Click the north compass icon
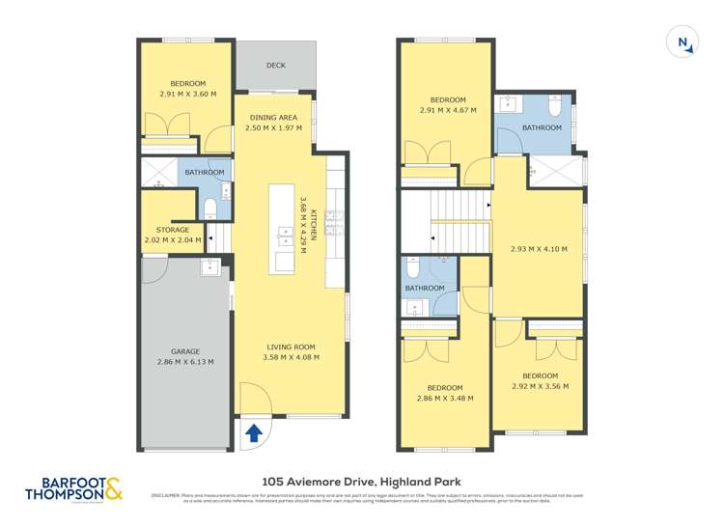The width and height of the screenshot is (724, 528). point(682,42)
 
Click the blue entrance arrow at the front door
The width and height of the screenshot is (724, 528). point(254,433)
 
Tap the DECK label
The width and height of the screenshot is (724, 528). point(276,66)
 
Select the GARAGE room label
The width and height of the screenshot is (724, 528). point(185,351)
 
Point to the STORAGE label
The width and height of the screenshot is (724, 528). point(173,230)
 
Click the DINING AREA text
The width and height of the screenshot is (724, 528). point(274,117)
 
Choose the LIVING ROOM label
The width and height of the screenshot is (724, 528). point(291,347)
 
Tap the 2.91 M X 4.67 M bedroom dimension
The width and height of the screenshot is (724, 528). point(447,111)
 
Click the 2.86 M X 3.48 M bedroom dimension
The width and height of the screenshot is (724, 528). point(445,397)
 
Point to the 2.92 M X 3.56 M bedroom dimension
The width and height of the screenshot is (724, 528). point(540,386)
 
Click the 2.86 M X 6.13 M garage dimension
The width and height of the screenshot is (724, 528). point(185,362)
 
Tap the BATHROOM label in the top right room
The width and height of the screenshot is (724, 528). point(542,127)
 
